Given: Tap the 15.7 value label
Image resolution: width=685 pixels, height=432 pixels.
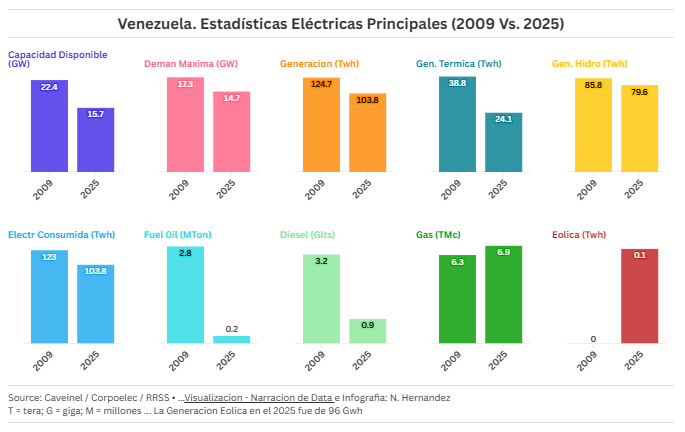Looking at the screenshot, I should coord(96,114).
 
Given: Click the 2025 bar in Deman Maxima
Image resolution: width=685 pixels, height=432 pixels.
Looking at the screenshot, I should coord(231,132).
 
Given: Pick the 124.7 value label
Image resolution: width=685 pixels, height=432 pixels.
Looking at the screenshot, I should coord(321,84).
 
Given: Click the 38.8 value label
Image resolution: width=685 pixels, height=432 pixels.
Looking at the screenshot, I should coord(457,83).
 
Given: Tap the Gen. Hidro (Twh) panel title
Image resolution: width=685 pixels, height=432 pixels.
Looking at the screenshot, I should coord(589,64).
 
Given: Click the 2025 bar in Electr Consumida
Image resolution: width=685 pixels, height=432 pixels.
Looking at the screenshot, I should coord(96,305).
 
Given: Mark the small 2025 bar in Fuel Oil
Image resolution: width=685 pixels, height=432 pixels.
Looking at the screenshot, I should coord(231,339).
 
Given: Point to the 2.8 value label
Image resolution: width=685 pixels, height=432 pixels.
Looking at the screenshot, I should coord(185,254).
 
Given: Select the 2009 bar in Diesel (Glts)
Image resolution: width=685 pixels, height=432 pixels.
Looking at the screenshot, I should coord(321,300).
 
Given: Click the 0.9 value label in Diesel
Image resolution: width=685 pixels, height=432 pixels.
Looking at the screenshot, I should coord(367,325).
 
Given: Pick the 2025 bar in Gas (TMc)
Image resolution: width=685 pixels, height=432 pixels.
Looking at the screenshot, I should coord(503,296).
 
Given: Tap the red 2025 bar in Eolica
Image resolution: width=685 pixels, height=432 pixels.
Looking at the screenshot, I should coord(639,297).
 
